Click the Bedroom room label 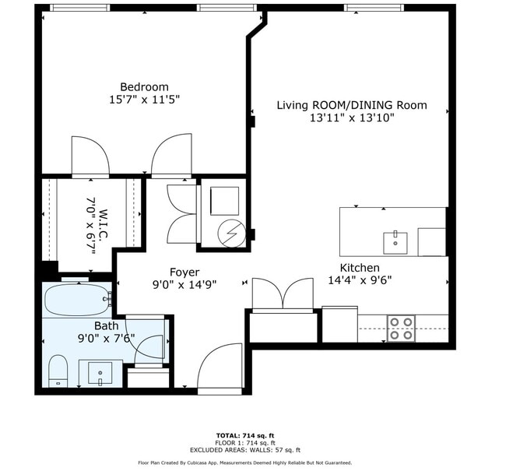click(144, 87)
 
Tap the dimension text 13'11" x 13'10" click(352, 118)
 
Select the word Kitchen click(360, 268)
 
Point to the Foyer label click(184, 272)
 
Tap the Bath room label click(106, 325)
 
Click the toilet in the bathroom click(58, 371)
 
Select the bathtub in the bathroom click(77, 300)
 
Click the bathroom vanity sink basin click(100, 374)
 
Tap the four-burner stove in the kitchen click(401, 329)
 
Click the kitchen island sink click(395, 243)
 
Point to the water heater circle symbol click(231, 233)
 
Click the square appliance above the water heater click(225, 201)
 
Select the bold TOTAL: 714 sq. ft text click(245, 436)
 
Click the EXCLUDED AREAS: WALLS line click(245, 450)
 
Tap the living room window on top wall click(374, 8)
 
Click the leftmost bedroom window click(79, 8)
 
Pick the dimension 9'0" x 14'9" click(184, 285)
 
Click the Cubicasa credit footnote click(245, 463)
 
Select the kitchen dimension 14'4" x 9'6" click(360, 280)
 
